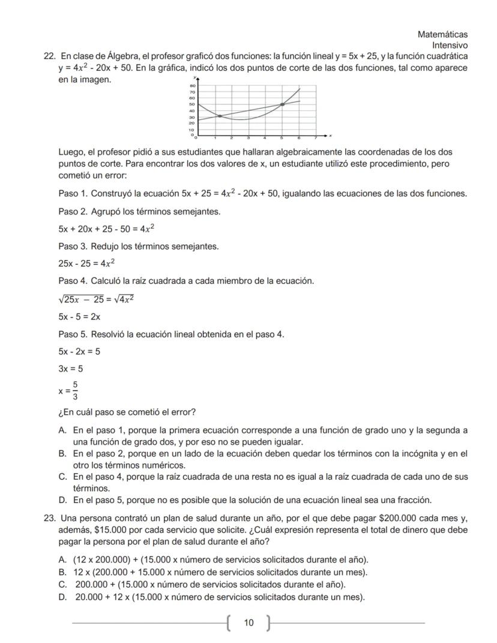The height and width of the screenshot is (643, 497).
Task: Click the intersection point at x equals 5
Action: tap(282, 104)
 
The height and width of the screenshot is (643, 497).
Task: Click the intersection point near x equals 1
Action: tap(220, 116)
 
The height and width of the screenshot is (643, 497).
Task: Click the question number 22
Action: tap(50, 56)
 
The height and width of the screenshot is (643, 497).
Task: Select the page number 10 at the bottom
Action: tap(248, 623)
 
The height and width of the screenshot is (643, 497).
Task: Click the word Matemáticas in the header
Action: tap(442, 35)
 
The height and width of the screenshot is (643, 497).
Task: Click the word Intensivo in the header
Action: tap(450, 46)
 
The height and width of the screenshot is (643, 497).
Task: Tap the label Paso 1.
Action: tap(74, 193)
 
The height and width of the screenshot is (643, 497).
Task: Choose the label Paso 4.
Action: tap(74, 281)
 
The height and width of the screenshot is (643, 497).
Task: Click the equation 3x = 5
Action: tap(71, 369)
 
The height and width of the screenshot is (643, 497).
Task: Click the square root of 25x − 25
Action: tap(81, 299)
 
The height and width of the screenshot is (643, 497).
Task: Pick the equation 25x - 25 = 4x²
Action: tap(87, 264)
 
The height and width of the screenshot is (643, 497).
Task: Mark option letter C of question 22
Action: tap(62, 477)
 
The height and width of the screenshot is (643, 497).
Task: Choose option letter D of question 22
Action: tap(62, 500)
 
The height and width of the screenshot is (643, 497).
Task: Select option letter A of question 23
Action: tap(62, 559)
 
